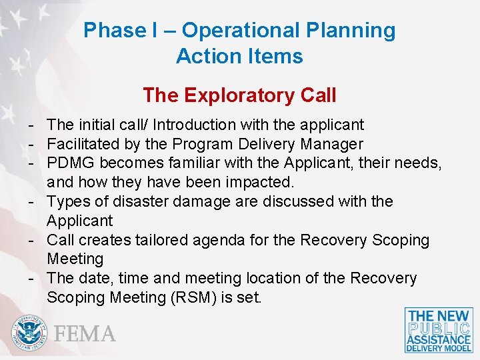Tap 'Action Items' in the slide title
click(x=239, y=57)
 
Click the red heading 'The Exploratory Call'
click(x=239, y=95)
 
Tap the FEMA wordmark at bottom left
click(x=85, y=333)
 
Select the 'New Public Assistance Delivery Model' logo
click(x=439, y=330)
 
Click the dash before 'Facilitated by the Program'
click(x=31, y=144)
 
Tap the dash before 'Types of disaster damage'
click(x=31, y=201)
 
